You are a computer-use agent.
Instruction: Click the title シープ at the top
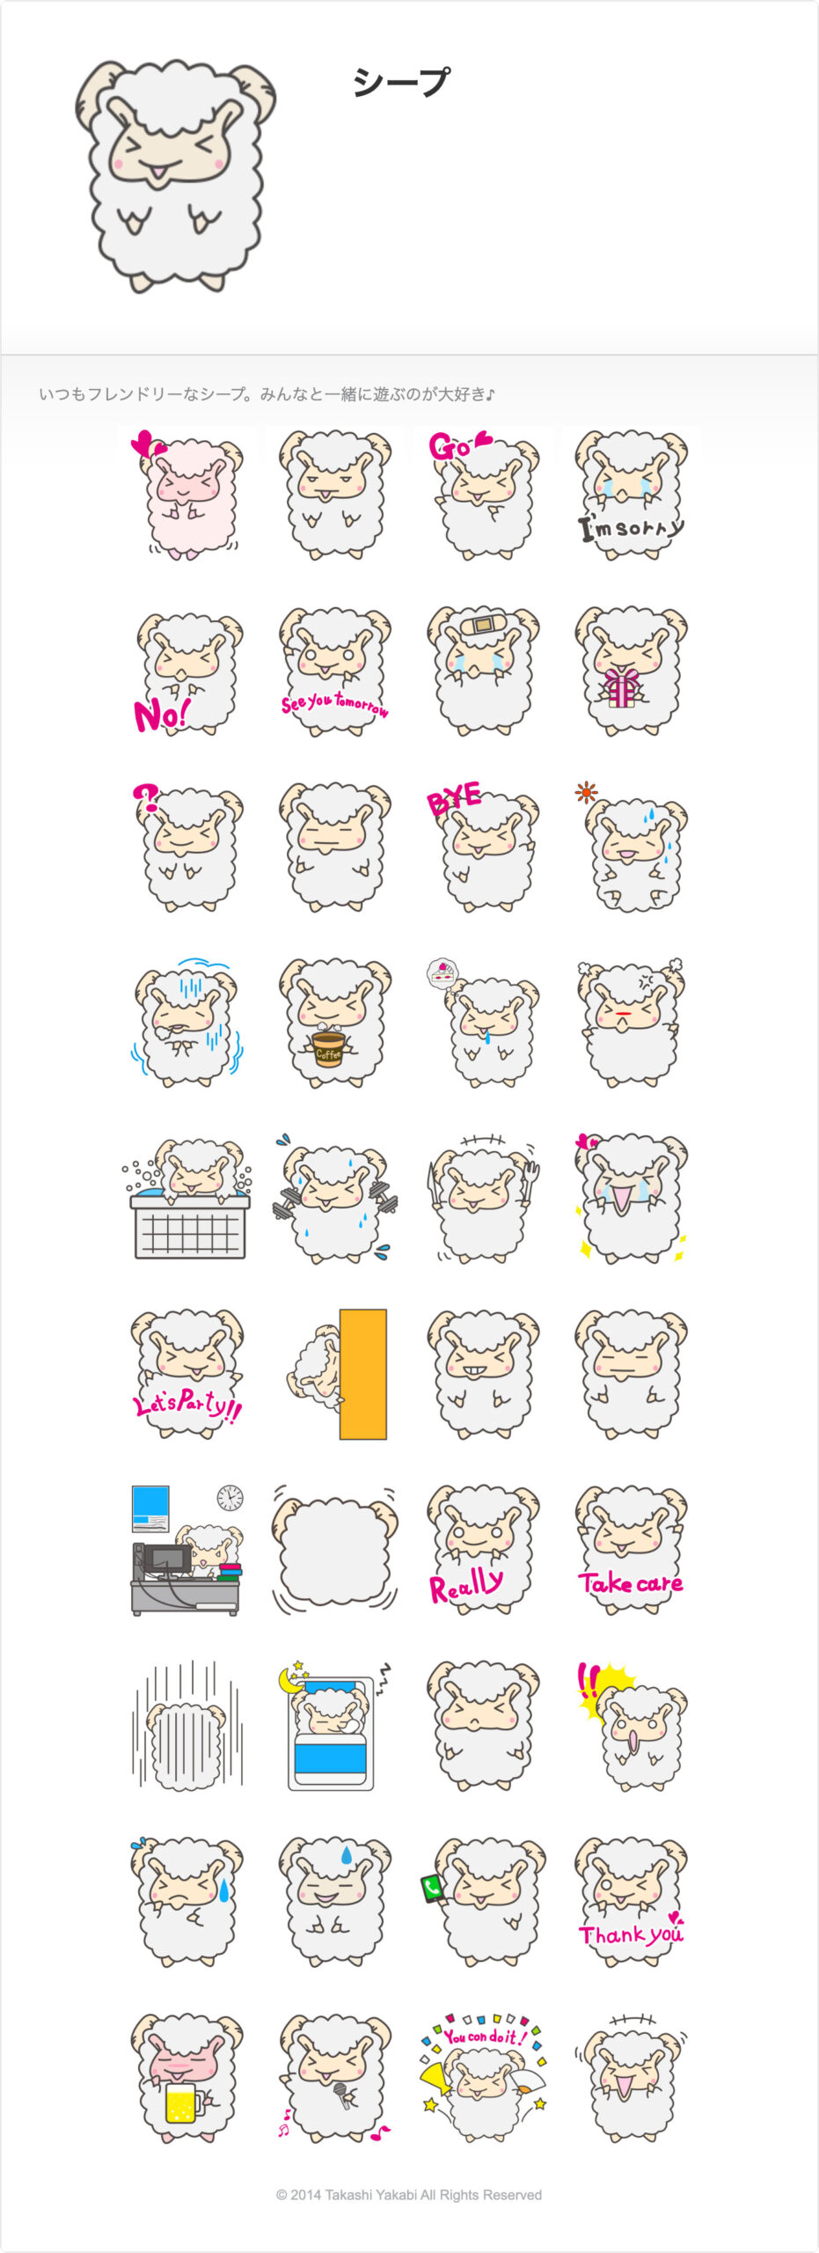point(401,82)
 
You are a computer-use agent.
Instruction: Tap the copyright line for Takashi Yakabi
point(409,2194)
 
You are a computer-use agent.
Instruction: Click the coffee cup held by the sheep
point(329,1048)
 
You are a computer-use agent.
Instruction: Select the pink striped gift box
point(621,687)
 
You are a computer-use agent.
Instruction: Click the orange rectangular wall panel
point(363,1374)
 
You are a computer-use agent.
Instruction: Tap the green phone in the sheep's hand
point(432,1889)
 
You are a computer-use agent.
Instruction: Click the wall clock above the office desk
point(230,1497)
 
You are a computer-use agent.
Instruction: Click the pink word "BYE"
point(454,798)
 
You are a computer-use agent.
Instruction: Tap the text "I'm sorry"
point(630,527)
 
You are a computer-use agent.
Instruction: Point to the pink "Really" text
point(466,1585)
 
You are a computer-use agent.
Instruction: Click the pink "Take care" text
point(630,1583)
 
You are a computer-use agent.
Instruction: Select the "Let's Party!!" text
point(187,1405)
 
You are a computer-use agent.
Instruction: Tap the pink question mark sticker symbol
point(147,797)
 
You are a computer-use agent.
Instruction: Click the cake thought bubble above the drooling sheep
point(442,972)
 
